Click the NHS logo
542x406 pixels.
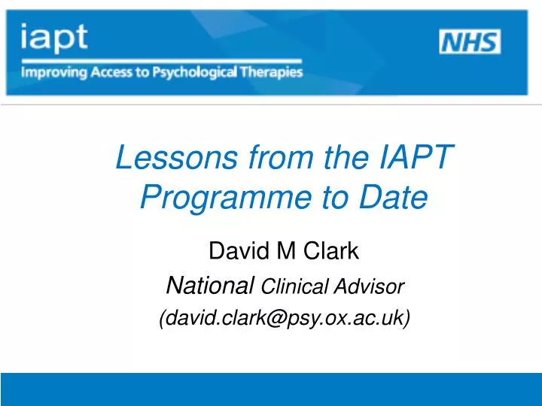click(469, 42)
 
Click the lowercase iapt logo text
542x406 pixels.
click(54, 36)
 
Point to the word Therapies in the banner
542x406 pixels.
click(273, 73)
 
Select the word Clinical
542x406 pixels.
click(290, 286)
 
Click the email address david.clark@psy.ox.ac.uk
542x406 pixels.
click(285, 319)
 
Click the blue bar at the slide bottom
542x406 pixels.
click(271, 389)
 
